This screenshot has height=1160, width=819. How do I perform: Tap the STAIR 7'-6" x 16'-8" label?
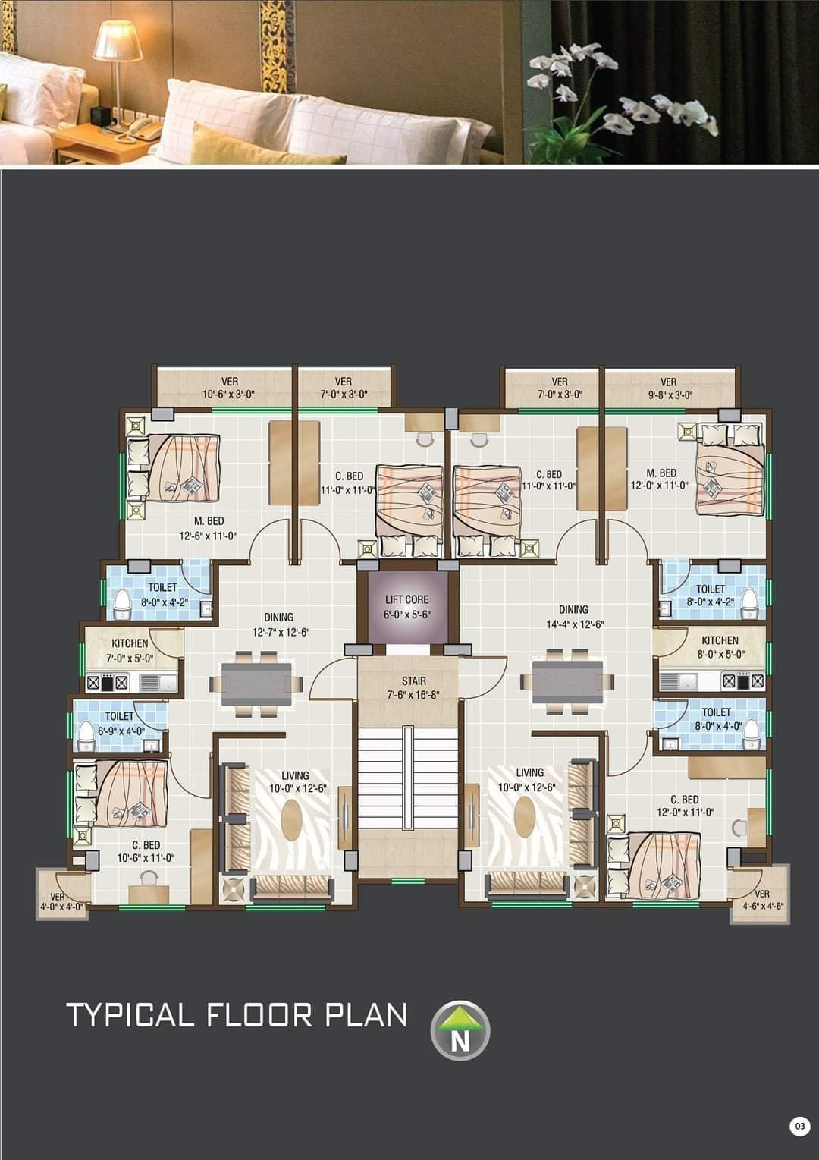click(x=413, y=687)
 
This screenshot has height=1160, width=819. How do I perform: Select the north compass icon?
click(x=460, y=1031)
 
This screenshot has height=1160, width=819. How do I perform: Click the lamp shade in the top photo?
click(x=118, y=40)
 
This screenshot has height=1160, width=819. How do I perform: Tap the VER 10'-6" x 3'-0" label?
click(x=229, y=388)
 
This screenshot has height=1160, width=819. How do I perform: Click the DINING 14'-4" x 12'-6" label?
click(x=573, y=617)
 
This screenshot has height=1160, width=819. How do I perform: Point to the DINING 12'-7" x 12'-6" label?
click(x=279, y=624)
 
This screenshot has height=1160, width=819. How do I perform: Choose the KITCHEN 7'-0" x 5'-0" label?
click(x=130, y=650)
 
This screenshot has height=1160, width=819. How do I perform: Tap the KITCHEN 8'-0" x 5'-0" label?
click(x=720, y=647)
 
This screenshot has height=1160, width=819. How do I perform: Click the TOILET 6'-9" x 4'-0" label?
click(x=120, y=724)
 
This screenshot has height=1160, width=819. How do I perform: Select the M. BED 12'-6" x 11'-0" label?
click(x=208, y=528)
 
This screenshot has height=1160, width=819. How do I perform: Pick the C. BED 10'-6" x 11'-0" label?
click(x=146, y=851)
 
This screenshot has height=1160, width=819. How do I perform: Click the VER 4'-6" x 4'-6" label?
click(x=763, y=900)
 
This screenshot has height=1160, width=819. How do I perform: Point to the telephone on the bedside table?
click(x=139, y=129)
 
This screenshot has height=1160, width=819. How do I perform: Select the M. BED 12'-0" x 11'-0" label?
click(x=660, y=479)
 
